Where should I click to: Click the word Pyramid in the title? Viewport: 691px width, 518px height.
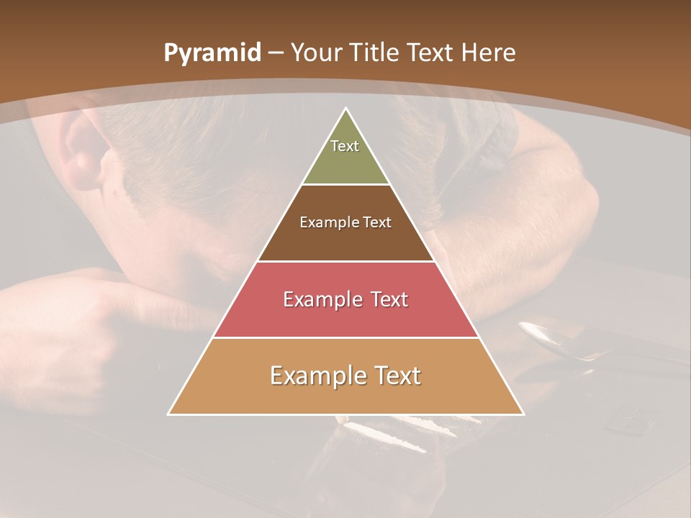pyautogui.click(x=212, y=53)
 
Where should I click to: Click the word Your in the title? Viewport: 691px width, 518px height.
pyautogui.click(x=315, y=53)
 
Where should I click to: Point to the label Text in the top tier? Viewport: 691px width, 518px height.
pyautogui.click(x=345, y=146)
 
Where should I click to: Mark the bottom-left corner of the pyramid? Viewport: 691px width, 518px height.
pyautogui.click(x=168, y=414)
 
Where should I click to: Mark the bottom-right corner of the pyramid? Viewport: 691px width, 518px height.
pyautogui.click(x=523, y=414)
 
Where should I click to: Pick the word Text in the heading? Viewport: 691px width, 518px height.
pyautogui.click(x=432, y=53)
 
